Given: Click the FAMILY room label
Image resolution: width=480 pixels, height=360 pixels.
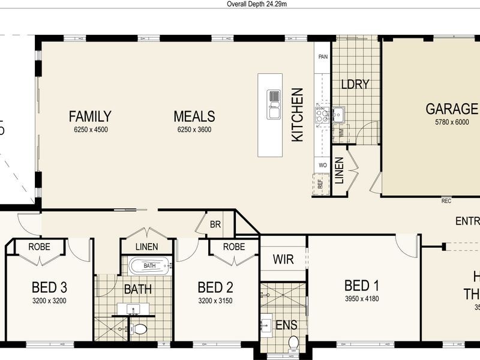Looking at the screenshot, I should [x=89, y=116].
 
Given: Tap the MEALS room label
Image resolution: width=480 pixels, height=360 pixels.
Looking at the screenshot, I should [x=194, y=116].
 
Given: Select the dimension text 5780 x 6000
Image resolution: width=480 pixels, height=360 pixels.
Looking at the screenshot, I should [x=452, y=122].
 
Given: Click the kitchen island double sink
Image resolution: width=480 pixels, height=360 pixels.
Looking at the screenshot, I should [x=274, y=103].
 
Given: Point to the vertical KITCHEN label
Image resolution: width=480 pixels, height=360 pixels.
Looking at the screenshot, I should [x=298, y=115].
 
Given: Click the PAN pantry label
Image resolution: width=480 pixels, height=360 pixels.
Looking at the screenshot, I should [x=323, y=58].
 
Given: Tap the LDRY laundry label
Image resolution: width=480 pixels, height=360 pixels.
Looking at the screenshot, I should [x=355, y=85].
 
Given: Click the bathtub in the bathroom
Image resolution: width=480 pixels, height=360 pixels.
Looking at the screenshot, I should [x=149, y=265].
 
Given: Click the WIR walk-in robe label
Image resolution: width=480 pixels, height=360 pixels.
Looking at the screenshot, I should [x=283, y=260].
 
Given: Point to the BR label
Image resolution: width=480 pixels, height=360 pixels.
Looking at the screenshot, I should [x=215, y=224].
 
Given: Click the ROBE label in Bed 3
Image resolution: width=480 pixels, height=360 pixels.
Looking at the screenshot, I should [x=39, y=247].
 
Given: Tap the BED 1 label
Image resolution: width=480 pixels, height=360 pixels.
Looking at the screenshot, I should [x=362, y=285].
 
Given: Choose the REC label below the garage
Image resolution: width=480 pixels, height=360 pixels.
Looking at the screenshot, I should [x=446, y=201].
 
